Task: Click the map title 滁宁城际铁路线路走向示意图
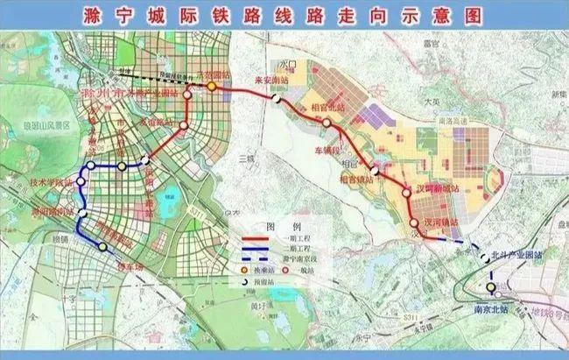(x=284, y=15)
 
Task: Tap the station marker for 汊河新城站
(x=407, y=193)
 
